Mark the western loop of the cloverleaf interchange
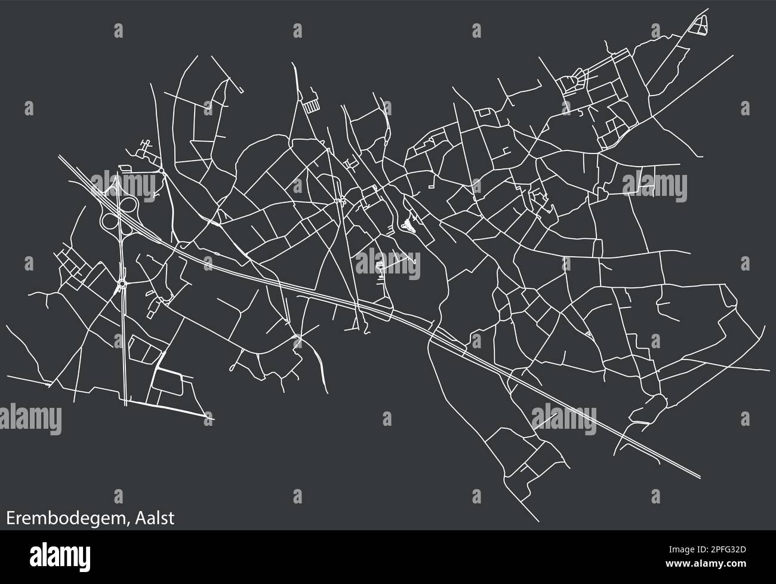110,222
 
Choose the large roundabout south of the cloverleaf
122,284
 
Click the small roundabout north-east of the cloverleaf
161,170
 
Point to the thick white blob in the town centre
408,225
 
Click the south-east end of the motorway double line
698,477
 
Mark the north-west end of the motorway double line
60,158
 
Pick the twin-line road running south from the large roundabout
124,346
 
